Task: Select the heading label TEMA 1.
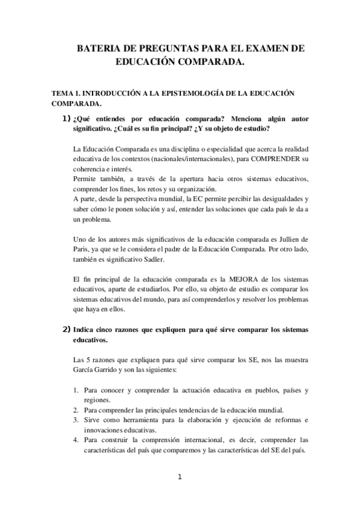coord(66,94)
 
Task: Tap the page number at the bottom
coord(179,478)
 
